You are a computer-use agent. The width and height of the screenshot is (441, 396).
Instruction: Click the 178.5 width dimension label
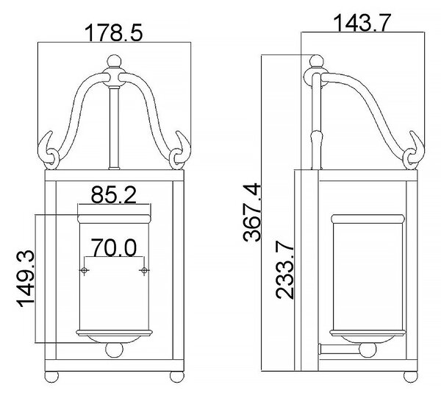pyautogui.click(x=114, y=32)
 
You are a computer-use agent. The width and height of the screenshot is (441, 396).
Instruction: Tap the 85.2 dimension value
pyautogui.click(x=114, y=195)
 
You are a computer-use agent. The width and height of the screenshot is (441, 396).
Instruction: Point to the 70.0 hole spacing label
pyautogui.click(x=114, y=247)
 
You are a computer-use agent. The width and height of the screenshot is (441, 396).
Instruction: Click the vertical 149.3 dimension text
pyautogui.click(x=26, y=279)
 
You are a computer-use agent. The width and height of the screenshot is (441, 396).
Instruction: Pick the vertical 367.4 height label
pyautogui.click(x=251, y=213)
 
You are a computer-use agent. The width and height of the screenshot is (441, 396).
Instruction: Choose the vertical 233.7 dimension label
pyautogui.click(x=284, y=270)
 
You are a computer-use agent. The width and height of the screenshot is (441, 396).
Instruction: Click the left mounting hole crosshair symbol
pyautogui.click(x=84, y=271)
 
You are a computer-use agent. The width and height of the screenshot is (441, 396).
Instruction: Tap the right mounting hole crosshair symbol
pyautogui.click(x=144, y=271)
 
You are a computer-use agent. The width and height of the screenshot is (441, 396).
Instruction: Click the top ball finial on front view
pyautogui.click(x=115, y=61)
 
